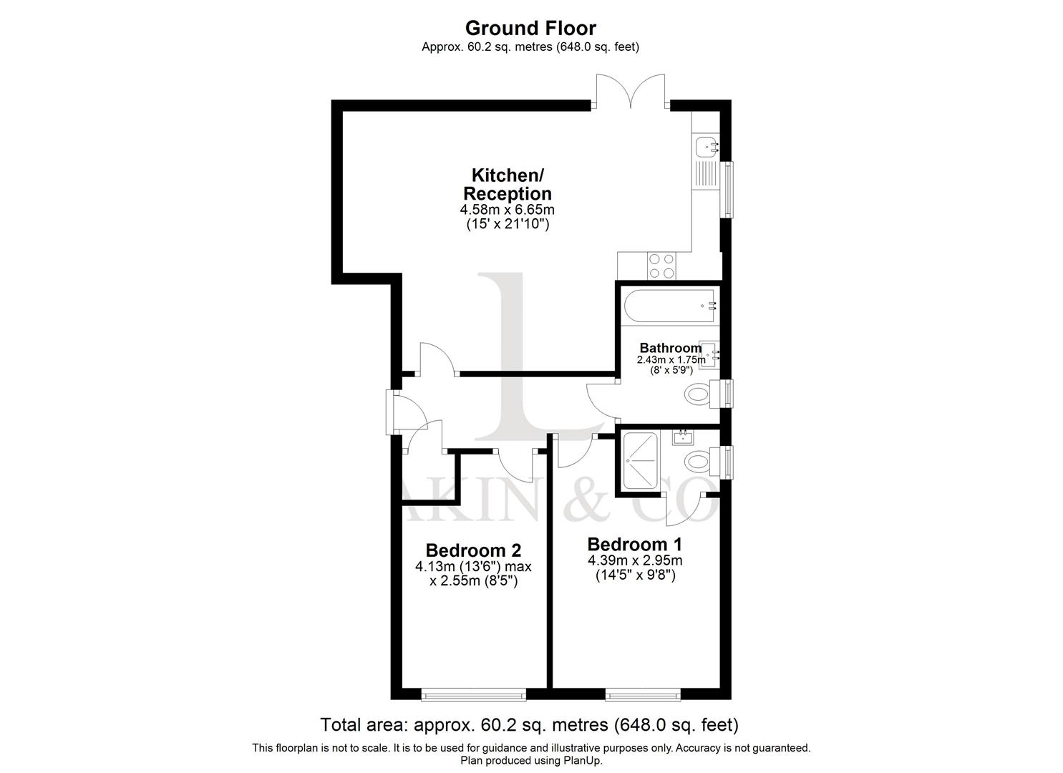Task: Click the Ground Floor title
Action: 530,28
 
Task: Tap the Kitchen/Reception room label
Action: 507,185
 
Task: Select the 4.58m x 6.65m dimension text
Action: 507,210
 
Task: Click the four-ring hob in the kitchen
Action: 661,266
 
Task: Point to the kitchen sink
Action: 707,147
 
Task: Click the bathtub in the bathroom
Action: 670,306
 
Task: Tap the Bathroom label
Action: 670,348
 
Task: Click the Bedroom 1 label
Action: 635,544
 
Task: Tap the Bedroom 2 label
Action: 473,550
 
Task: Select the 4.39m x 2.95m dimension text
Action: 635,560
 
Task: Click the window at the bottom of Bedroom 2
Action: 473,694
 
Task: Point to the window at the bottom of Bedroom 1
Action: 643,694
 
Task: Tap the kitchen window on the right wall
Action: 729,189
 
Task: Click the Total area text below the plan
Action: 529,725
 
